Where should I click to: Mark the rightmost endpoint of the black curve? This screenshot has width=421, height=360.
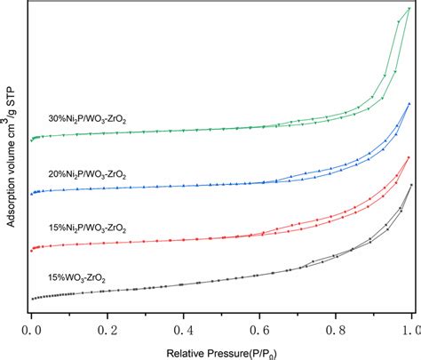[411, 185]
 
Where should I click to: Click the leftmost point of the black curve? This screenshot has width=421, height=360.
[31, 299]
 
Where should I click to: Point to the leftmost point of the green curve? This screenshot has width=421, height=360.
[31, 140]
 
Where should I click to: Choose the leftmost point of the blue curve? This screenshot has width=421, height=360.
[31, 194]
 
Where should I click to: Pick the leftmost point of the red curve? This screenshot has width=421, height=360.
[31, 249]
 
